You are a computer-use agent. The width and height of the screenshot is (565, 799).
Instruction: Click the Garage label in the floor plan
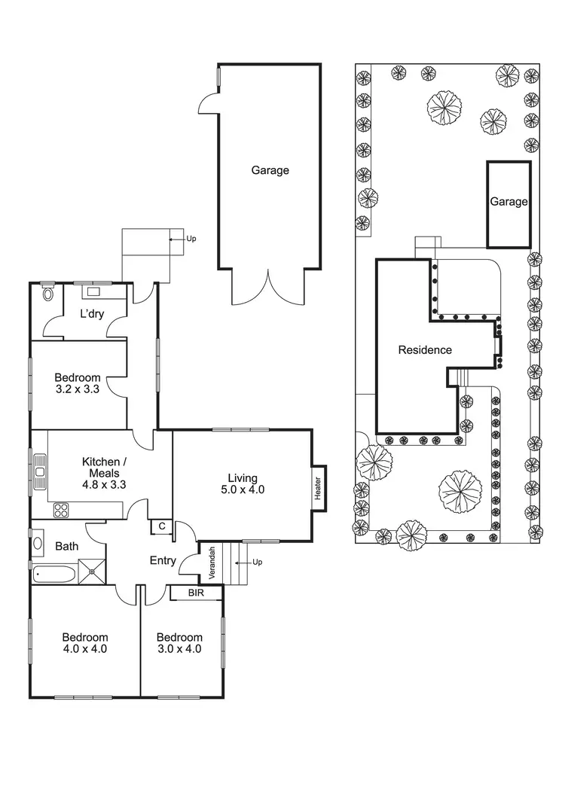270,170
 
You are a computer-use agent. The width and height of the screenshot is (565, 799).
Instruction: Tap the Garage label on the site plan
508,202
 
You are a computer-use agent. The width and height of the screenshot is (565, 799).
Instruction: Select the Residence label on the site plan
425,349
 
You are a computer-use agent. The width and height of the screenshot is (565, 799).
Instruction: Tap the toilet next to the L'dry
50,293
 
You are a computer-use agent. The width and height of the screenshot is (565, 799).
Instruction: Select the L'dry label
93,313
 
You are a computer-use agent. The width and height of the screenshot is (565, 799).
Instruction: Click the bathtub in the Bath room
54,575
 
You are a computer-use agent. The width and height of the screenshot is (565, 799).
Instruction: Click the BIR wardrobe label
195,593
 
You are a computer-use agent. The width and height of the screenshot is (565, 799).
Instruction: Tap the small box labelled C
162,526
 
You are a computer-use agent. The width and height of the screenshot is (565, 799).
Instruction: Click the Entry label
163,560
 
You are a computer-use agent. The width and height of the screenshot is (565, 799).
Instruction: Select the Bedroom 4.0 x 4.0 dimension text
84,648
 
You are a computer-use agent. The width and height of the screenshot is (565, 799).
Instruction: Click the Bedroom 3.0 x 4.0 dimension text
179,648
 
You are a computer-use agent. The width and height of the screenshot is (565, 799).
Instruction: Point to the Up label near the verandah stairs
258,562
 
